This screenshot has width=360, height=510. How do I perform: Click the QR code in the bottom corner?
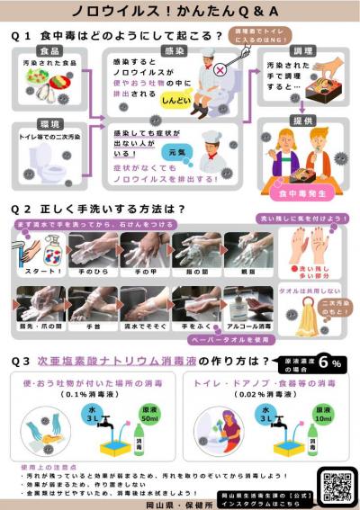pos(336,485)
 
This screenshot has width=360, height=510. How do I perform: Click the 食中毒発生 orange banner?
pos(302,192)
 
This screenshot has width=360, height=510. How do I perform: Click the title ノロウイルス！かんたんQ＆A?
pos(180,13)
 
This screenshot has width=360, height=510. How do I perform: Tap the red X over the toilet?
pos(218,70)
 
